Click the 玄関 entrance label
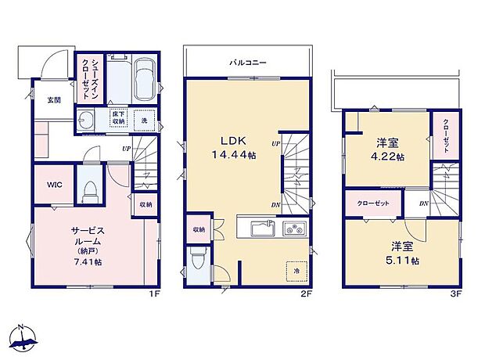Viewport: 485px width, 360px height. tap(53, 99)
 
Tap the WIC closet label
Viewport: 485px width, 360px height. tap(53, 185)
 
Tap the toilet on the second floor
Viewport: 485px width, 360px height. tap(199, 259)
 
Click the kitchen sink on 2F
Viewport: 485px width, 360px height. tap(261, 230)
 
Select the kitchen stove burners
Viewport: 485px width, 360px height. tap(296, 230)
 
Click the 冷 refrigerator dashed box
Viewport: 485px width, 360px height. tap(296, 270)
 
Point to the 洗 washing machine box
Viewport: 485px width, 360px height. tap(144, 121)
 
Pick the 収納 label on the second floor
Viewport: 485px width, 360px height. tap(199, 229)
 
